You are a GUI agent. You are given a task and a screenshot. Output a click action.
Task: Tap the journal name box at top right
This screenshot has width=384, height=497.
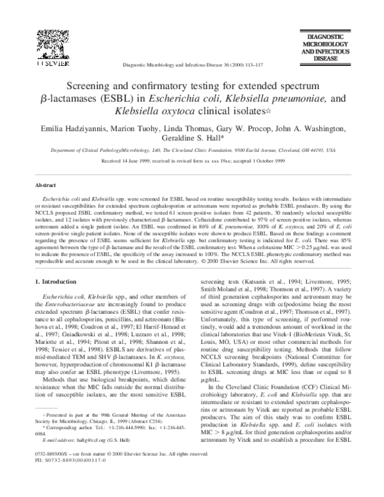333,49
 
